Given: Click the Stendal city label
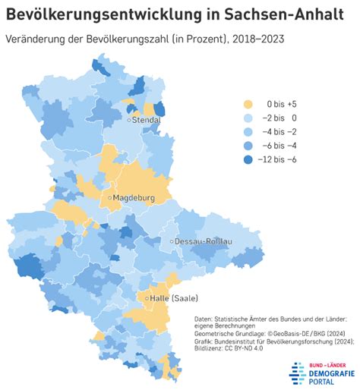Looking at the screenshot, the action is pos(147,120).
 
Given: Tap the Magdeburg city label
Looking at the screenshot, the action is pos(134,197).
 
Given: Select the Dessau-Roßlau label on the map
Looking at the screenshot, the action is pos(204,241).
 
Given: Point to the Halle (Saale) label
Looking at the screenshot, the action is pos(174,298).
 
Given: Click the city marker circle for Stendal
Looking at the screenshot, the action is pos(129,120).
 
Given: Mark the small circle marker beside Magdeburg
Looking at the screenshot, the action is pos(110,198).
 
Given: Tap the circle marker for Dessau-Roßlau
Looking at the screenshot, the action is pos(172,241).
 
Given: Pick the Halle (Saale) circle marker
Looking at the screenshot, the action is pos(147,298).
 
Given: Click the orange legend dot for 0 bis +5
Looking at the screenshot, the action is pos(248,104).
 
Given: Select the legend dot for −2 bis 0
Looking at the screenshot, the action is pos(248,118).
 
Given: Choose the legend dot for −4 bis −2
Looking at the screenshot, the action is pos(248,132).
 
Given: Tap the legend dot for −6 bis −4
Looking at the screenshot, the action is pos(248,146).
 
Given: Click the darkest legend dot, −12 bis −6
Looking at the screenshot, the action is pos(248,159).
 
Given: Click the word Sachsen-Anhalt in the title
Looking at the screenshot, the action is pos(284,14).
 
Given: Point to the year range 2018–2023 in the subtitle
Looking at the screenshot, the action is pos(258,39).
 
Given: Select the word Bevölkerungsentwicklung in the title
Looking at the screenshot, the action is pos(104,14).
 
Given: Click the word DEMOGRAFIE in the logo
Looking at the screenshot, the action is pos(332,373).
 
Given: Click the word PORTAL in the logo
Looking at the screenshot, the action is pos(321,382).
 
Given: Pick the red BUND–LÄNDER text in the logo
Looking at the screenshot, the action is pos(327,365).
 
